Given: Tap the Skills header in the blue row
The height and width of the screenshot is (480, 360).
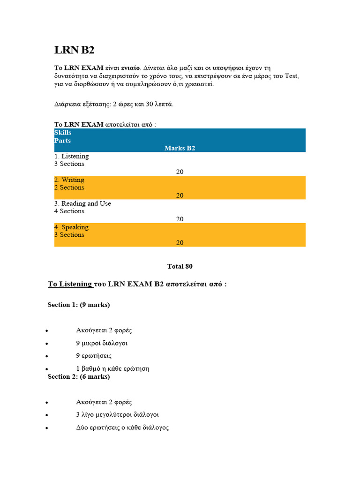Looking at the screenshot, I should click(x=63, y=133).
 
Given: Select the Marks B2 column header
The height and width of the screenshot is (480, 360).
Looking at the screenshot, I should click(x=180, y=148).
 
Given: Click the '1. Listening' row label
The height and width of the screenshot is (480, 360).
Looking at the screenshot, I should click(x=71, y=156).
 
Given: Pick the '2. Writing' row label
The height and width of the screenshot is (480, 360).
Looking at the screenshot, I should click(x=69, y=180).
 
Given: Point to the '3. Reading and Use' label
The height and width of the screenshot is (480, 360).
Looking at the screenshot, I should click(x=82, y=203).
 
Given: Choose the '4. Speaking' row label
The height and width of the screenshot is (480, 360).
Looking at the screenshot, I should click(x=71, y=227).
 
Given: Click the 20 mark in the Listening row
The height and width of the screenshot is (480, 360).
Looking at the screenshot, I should click(x=180, y=172).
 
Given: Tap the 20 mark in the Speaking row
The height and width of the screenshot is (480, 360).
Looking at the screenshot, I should click(x=180, y=243).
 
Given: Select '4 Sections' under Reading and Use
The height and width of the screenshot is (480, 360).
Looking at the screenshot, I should click(x=69, y=211).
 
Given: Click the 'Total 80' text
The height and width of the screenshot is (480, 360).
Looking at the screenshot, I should click(x=180, y=266).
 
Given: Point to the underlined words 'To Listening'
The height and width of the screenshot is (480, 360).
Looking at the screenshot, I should click(x=70, y=284).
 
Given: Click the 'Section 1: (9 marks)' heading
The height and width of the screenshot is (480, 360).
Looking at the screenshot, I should click(x=79, y=305).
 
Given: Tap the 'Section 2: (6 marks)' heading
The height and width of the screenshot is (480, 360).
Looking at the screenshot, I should click(x=79, y=376).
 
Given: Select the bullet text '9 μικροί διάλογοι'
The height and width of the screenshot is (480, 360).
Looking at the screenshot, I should click(x=102, y=343).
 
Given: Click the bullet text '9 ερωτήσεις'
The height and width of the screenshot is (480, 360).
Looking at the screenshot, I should click(x=94, y=356).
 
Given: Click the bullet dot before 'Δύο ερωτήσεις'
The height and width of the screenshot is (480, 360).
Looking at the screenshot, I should click(x=47, y=428).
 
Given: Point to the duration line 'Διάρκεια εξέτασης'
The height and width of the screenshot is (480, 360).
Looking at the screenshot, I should click(x=114, y=104).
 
